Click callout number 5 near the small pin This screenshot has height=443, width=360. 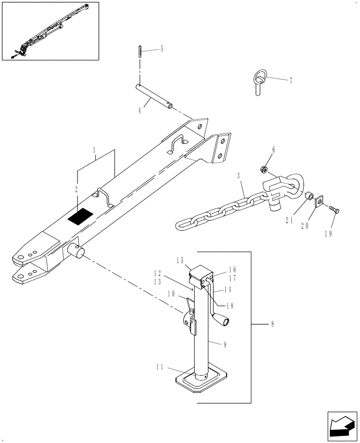[161, 49]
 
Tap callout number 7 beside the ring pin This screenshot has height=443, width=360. [291, 81]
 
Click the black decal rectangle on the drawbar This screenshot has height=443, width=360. [80, 217]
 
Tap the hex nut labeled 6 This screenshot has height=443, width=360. [263, 169]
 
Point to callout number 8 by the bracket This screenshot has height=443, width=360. [272, 324]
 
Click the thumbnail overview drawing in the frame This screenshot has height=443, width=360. [50, 31]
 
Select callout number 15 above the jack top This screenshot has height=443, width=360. [180, 262]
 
